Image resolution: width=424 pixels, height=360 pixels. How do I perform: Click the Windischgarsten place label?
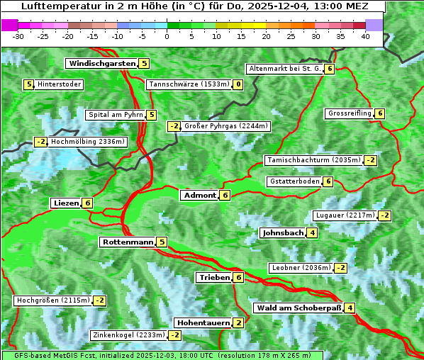tap(101, 63)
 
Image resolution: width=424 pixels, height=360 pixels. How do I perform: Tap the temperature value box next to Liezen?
tap(87, 203)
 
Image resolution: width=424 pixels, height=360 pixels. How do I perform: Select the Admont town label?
tap(199, 195)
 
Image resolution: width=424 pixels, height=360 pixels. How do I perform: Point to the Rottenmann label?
tap(128, 242)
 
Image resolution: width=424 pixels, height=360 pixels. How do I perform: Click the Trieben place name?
tap(214, 277)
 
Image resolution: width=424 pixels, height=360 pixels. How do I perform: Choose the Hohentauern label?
tap(203, 322)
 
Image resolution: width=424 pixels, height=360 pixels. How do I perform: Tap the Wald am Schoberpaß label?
tap(299, 308)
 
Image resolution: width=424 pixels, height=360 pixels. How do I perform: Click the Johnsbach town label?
tap(283, 232)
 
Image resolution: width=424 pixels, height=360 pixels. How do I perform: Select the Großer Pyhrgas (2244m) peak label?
tap(225, 127)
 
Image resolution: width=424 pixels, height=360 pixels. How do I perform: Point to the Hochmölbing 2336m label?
tap(88, 142)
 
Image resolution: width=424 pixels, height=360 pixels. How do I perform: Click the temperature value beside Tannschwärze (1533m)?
tap(238, 85)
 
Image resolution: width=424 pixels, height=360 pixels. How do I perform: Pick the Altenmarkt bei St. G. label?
tap(285, 69)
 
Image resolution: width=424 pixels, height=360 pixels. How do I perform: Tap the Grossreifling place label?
tap(350, 113)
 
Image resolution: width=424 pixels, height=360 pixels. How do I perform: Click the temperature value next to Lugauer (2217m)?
tap(384, 215)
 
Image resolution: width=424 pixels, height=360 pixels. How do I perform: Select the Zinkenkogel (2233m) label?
tap(128, 335)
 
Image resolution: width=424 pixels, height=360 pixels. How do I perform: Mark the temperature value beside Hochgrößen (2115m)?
tap(99, 300)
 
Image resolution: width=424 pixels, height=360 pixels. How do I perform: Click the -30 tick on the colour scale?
tap(18, 35)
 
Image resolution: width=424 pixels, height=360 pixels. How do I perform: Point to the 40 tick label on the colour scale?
tap(365, 35)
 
